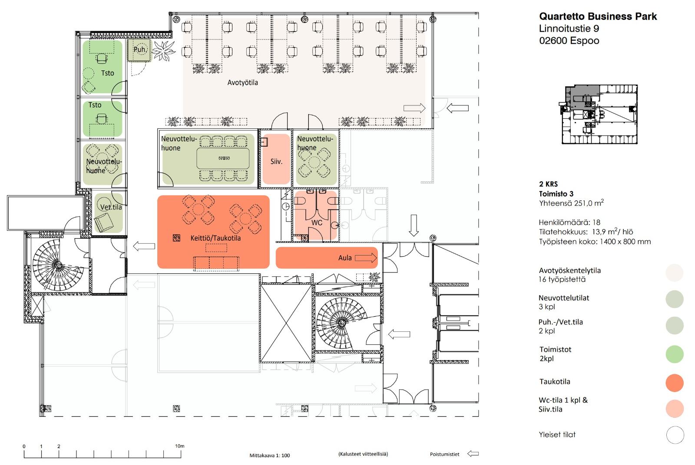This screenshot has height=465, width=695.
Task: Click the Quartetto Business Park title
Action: pos(598,16)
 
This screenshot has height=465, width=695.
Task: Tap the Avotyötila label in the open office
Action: pos(242,82)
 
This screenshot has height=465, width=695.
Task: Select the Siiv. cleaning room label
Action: pos(276,161)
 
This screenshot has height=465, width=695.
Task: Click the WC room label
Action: pos(317,223)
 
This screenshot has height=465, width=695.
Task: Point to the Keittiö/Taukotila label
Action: pos(215,238)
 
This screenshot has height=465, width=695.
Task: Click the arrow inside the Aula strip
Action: pos(366,258)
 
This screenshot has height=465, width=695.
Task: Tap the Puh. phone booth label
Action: pos(140,49)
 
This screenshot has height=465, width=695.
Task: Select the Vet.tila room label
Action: pos(111,207)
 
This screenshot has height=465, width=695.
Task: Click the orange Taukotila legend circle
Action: pos(675,383)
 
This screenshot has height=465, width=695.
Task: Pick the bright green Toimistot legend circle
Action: pos(675,354)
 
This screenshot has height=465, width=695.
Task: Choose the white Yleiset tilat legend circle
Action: pos(675,435)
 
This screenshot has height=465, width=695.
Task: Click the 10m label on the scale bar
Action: pos(180,446)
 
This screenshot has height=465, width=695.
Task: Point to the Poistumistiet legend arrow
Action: pos(473,454)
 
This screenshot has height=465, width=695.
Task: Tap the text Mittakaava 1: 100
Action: pos(269,455)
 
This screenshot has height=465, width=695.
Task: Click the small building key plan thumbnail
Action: pos(599,114)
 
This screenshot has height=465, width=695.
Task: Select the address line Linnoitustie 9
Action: pos(569,29)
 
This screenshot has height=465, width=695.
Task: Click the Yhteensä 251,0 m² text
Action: pos(571,203)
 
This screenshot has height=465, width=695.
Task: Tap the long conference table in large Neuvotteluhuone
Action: pos(223,158)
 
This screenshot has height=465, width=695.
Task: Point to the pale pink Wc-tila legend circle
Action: pos(675,409)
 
